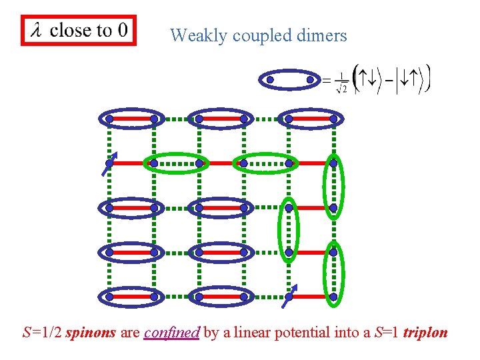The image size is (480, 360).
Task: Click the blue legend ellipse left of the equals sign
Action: [290, 80]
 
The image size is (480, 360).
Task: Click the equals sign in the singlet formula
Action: [326, 81]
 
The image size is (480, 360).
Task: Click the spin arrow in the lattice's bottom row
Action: [289, 295]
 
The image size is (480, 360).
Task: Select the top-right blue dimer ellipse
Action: [311, 119]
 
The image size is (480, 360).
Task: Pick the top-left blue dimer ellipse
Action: [131, 119]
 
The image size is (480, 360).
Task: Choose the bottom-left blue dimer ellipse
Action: [131, 297]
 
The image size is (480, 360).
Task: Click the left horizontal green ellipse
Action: [176, 163]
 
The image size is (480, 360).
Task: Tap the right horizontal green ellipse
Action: [266, 163]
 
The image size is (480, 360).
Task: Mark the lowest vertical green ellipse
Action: [333, 275]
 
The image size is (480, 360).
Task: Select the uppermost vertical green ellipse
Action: [333, 185]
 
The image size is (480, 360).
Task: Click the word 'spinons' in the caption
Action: [91, 332]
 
